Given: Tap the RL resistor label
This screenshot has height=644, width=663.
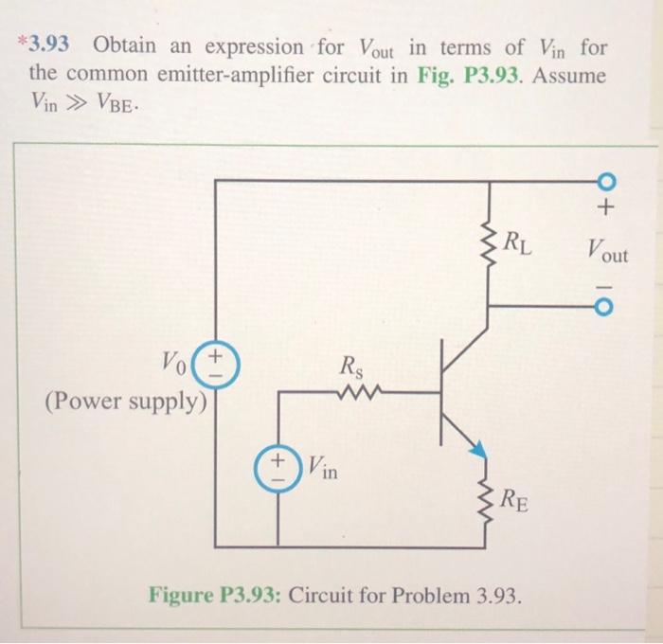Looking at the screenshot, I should pos(517,247).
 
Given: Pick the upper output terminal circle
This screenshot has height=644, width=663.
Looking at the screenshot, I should pos(607,182).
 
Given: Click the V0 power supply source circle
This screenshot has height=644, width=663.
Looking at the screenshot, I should pos(217,365).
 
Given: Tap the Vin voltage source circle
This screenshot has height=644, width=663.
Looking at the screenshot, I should pos(278,468).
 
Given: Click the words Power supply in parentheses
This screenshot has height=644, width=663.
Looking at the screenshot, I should pos(125,402).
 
